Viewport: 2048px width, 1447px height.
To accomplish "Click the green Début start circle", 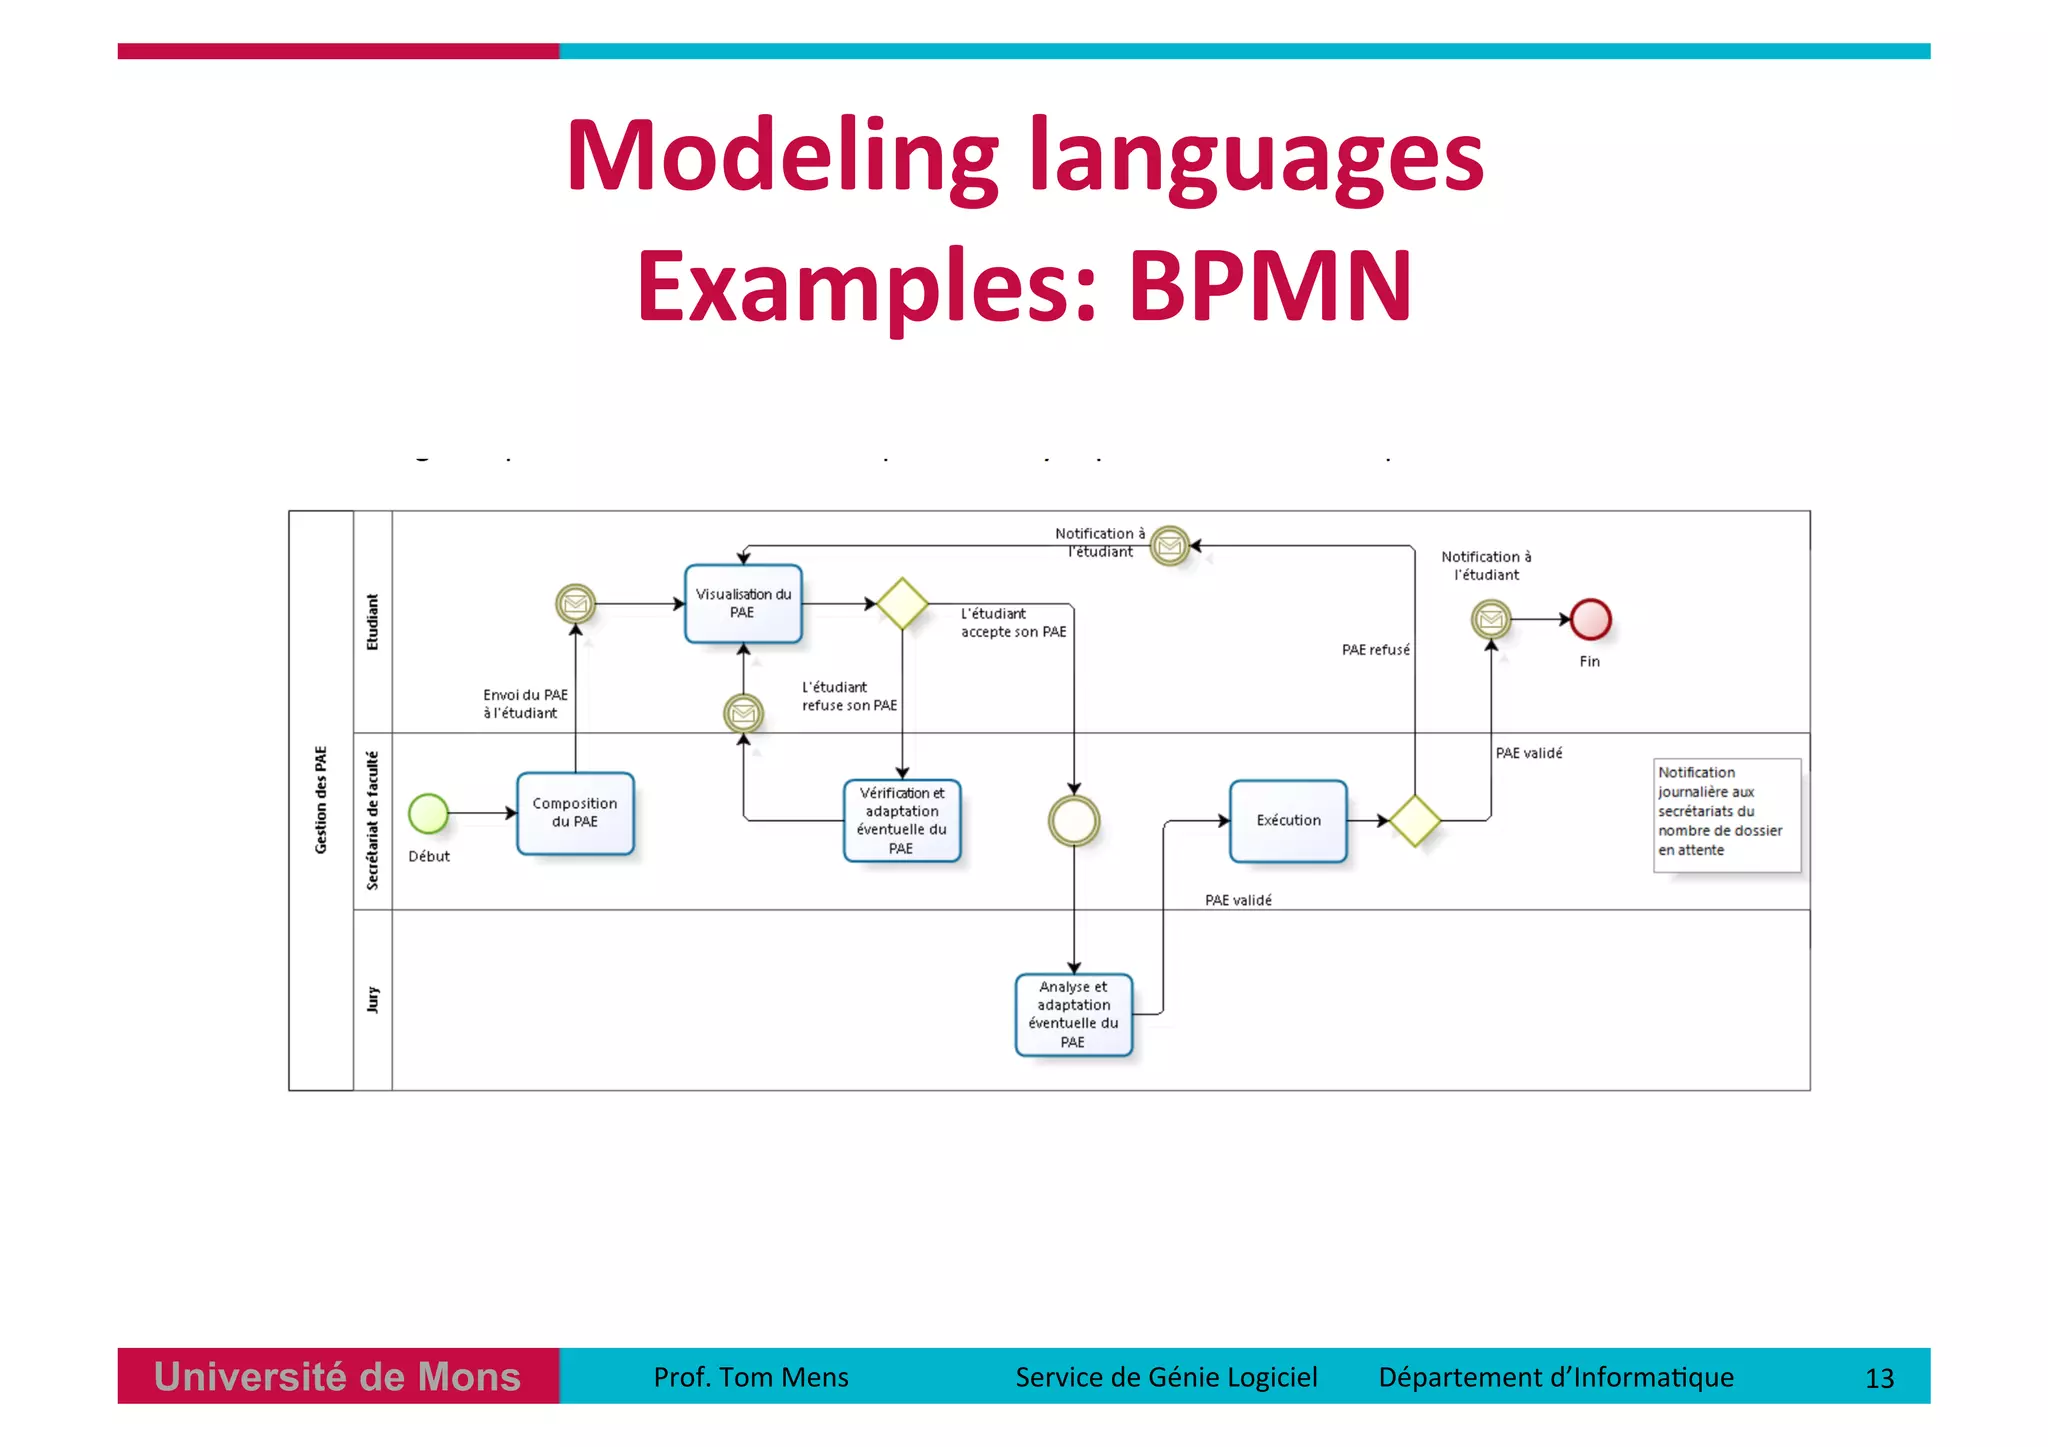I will pyautogui.click(x=428, y=813).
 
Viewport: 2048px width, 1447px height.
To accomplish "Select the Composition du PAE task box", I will pyautogui.click(x=575, y=813).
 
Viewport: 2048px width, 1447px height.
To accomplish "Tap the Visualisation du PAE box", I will pyautogui.click(x=743, y=604).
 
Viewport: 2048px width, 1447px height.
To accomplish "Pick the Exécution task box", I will pyautogui.click(x=1288, y=821).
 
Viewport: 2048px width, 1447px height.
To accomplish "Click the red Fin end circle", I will pyautogui.click(x=1590, y=620).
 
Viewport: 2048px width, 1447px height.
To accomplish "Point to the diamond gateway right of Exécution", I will pyautogui.click(x=1415, y=821).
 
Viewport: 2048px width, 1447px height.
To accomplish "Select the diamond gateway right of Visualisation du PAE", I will pyautogui.click(x=902, y=604).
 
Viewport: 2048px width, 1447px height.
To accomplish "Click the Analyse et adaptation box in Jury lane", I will pyautogui.click(x=1073, y=1014).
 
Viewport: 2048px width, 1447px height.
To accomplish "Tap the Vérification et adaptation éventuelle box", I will pyautogui.click(x=902, y=821).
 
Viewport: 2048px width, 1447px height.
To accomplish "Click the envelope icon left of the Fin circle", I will pyautogui.click(x=1491, y=620).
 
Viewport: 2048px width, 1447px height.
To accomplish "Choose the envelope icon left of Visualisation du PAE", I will pyautogui.click(x=576, y=604).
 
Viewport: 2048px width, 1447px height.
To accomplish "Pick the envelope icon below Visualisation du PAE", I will pyautogui.click(x=743, y=713).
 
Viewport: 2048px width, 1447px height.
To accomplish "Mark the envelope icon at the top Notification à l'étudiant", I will pyautogui.click(x=1169, y=546).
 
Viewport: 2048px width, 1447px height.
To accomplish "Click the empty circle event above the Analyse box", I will pyautogui.click(x=1074, y=821).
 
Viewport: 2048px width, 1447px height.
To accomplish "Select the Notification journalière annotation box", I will pyautogui.click(x=1726, y=814).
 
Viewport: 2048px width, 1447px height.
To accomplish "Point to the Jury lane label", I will pyautogui.click(x=373, y=999).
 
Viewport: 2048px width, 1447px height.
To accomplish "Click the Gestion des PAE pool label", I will pyautogui.click(x=321, y=800).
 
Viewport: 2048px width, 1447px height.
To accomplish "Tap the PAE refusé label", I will pyautogui.click(x=1375, y=650).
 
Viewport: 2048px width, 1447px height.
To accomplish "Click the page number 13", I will pyautogui.click(x=1879, y=1379).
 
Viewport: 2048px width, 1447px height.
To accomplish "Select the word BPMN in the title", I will pyautogui.click(x=1270, y=286).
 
